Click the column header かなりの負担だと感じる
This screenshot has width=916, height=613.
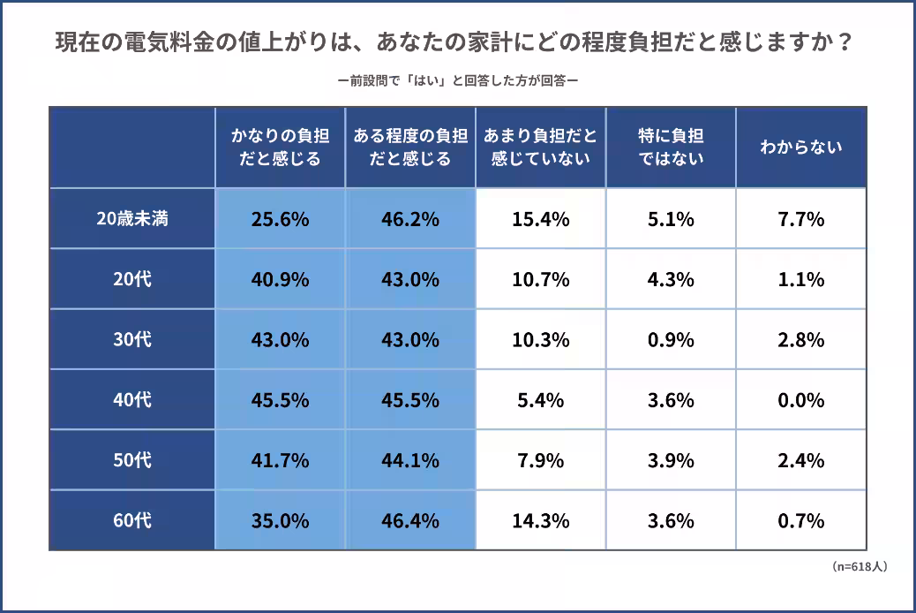coord(280,148)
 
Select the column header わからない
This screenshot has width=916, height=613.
coord(800,148)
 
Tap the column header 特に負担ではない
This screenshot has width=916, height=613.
coord(671,148)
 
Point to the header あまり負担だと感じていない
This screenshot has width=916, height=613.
coord(540,148)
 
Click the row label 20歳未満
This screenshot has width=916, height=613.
coord(132,219)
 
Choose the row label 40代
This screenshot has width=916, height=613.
coord(132,399)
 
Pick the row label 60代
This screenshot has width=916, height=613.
coord(132,520)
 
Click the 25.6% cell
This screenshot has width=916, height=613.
coord(280,219)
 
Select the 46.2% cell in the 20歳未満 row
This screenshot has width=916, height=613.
coord(409,219)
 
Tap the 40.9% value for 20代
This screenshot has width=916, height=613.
coord(280,279)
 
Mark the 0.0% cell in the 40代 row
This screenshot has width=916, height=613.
coord(800,399)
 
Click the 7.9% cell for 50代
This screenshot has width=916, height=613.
coord(540,460)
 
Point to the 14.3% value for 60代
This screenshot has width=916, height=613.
coord(540,520)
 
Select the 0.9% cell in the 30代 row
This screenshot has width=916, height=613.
coord(671,339)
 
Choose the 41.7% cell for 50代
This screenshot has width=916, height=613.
coord(280,460)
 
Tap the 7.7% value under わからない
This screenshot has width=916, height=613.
coord(800,219)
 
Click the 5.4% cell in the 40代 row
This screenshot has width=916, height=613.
coord(540,399)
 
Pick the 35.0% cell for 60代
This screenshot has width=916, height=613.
coord(280,520)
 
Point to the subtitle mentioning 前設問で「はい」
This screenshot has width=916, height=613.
coord(457,81)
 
